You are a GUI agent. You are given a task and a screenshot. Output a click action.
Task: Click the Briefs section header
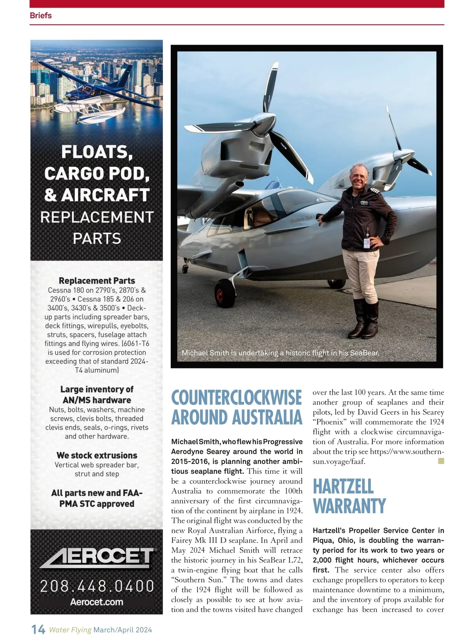41,15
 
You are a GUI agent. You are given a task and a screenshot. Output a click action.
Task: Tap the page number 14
38,629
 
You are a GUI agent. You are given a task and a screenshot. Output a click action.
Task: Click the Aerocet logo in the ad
97,558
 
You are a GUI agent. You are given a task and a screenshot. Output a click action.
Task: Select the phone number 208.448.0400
97,586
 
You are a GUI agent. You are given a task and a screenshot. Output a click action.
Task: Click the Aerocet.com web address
97,602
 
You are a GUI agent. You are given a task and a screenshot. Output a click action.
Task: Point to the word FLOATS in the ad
97,152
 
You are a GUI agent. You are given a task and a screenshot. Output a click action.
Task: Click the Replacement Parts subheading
97,281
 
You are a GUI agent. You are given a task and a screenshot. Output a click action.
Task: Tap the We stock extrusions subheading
97,455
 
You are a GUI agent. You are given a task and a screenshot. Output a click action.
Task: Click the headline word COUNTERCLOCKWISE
236,398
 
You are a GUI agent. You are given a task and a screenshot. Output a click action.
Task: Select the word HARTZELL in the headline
343,486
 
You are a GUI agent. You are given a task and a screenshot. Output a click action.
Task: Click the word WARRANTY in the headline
349,506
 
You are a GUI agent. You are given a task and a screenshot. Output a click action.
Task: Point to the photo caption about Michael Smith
280,353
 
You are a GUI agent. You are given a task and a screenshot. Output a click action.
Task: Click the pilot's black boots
365,319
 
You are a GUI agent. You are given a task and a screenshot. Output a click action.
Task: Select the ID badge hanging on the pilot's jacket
367,242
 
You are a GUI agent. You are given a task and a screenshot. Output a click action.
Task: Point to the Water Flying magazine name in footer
70,630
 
